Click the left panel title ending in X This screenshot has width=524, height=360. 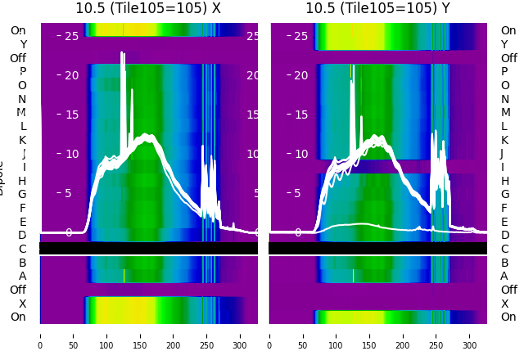pyautogui.click(x=148, y=8)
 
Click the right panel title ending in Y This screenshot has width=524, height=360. pyautogui.click(x=378, y=8)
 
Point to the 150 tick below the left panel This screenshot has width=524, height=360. pyautogui.click(x=140, y=335)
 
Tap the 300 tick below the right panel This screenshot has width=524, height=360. pyautogui.click(x=470, y=335)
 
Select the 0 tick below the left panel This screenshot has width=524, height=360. pyautogui.click(x=40, y=335)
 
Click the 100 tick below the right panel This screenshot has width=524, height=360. pyautogui.click(x=337, y=335)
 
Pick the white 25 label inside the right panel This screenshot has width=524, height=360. pyautogui.click(x=300, y=36)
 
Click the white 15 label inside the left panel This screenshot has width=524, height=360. pyautogui.click(x=71, y=115)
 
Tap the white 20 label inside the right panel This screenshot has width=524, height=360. pyautogui.click(x=300, y=75)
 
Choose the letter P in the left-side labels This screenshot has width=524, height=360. pyautogui.click(x=23, y=72)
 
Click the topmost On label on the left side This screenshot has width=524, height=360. pyautogui.click(x=18, y=31)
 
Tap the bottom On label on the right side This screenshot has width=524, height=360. pyautogui.click(x=508, y=317)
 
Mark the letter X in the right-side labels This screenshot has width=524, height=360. pyautogui.click(x=504, y=304)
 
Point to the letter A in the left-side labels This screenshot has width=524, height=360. pyautogui.click(x=23, y=277)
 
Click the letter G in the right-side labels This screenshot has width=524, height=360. pyautogui.click(x=505, y=195)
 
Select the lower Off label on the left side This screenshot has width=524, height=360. pyautogui.click(x=18, y=290)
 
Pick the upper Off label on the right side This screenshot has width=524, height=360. pyautogui.click(x=508, y=58)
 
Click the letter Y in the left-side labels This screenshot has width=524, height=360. pyautogui.click(x=23, y=44)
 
